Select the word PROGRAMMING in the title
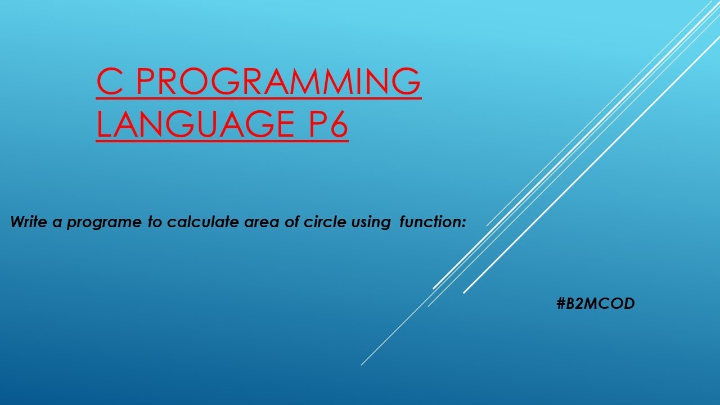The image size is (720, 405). [x=278, y=82]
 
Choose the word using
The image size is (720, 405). [x=369, y=223]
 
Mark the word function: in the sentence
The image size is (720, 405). [x=433, y=222]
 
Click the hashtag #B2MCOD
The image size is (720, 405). [x=595, y=304]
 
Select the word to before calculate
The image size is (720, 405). [x=155, y=222]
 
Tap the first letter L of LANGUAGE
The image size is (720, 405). [x=105, y=125]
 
